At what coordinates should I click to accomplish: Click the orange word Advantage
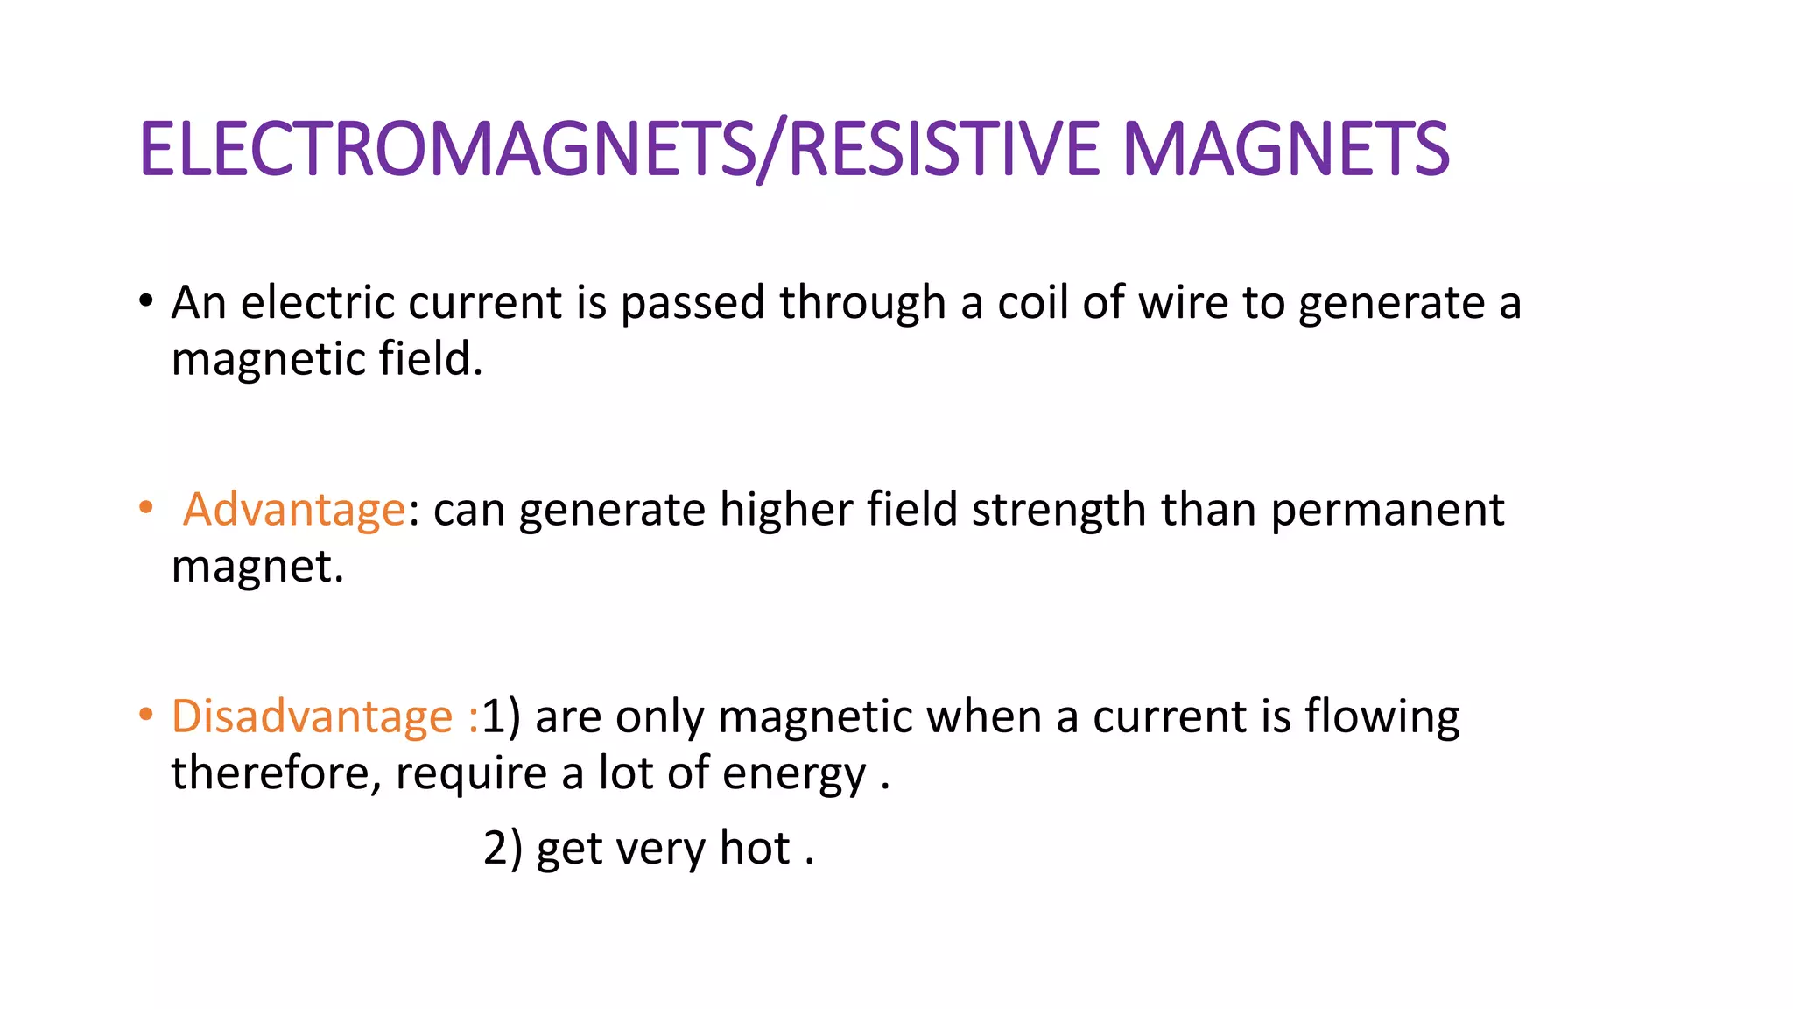tap(294, 509)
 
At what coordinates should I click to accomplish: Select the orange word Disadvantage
tap(312, 716)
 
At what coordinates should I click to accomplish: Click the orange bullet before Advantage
tap(146, 508)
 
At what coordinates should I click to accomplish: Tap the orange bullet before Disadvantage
tap(146, 715)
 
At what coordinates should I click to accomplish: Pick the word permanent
tap(1387, 511)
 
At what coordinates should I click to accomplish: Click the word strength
tap(1058, 511)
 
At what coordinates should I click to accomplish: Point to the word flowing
tap(1382, 717)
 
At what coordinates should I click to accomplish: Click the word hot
tap(755, 848)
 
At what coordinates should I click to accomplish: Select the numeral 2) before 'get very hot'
tap(503, 848)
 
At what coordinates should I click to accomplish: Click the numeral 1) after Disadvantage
tap(501, 716)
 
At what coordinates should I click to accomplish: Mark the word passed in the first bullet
tap(693, 304)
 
